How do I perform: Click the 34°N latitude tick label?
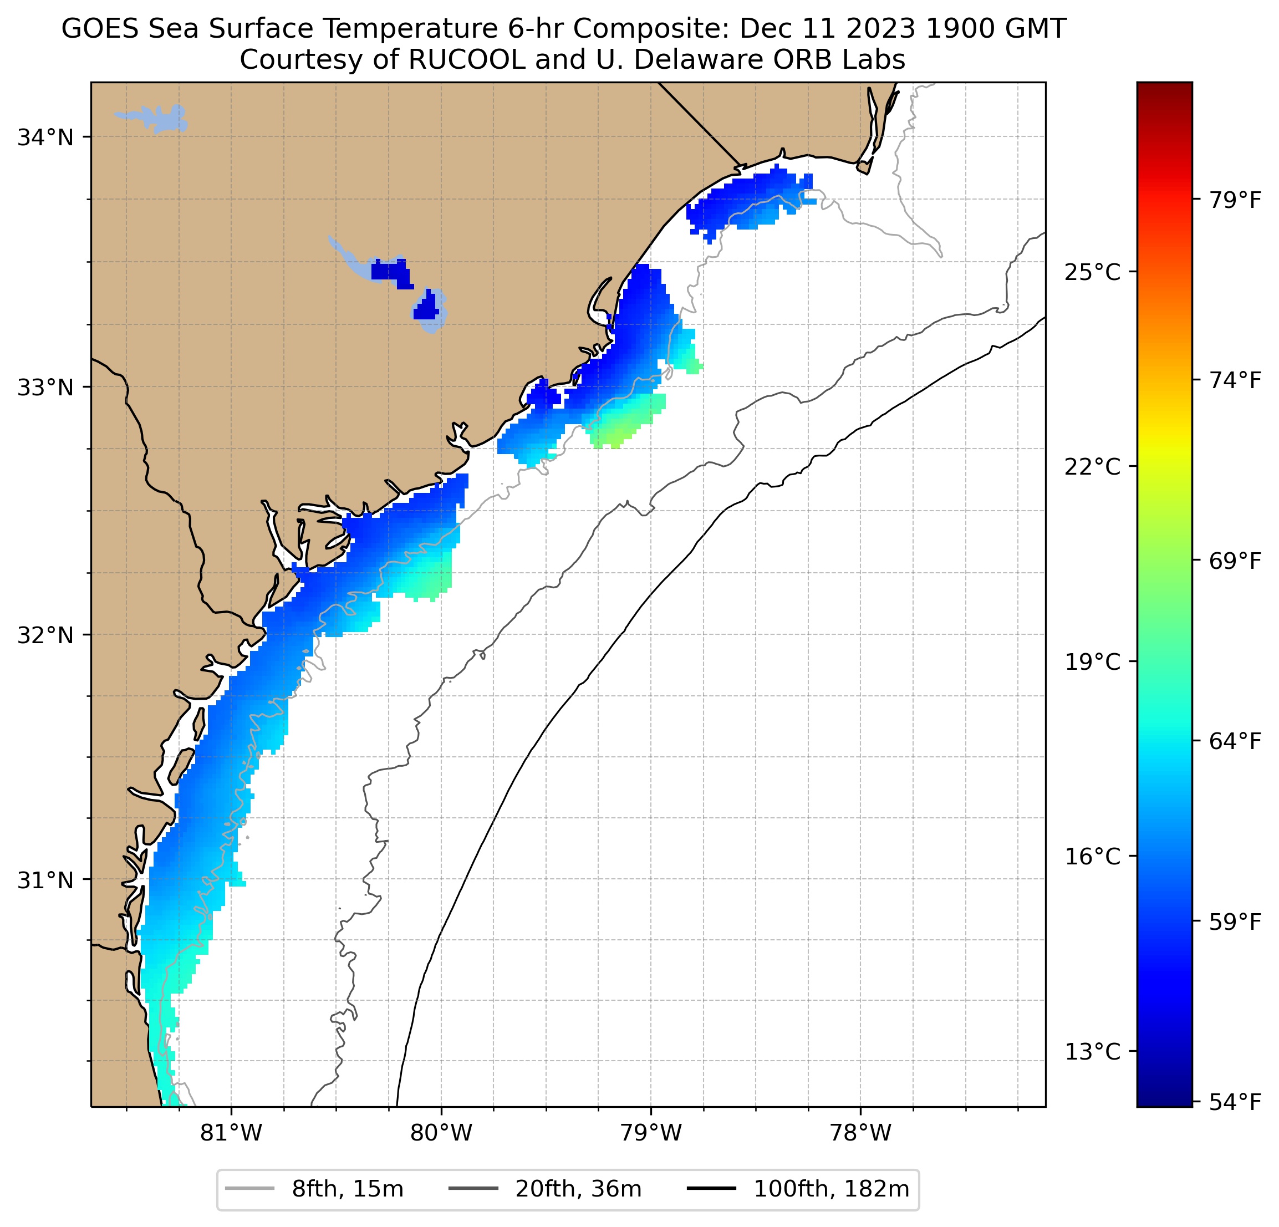click(45, 138)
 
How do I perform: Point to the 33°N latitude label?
click(45, 388)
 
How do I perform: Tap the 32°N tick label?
click(45, 635)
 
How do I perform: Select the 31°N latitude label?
click(45, 880)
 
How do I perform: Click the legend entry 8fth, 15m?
click(347, 1189)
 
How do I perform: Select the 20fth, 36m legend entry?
click(578, 1189)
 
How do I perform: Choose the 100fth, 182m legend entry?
click(830, 1189)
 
